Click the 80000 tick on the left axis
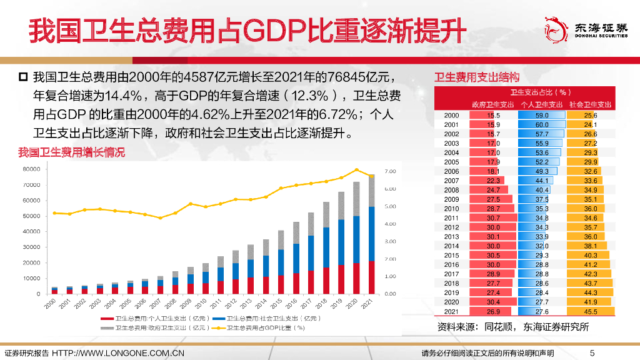31,169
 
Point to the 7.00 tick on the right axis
390,171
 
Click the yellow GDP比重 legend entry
258,326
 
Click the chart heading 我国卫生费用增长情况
71,152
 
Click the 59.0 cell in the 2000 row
542,116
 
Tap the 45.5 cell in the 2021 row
590,311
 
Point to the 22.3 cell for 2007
493,181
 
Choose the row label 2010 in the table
451,208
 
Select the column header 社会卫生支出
590,104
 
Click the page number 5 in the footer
593,353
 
